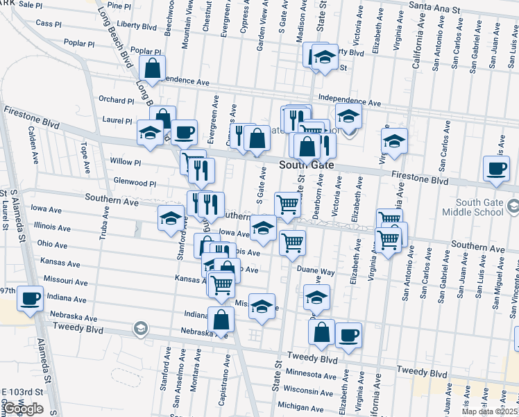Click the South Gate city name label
pyautogui.click(x=307, y=165)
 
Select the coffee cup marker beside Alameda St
pyautogui.click(x=29, y=299)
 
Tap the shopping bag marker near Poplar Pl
pyautogui.click(x=152, y=69)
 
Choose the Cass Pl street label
pyautogui.click(x=49, y=23)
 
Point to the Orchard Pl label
pyautogui.click(x=116, y=100)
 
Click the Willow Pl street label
pyautogui.click(x=125, y=162)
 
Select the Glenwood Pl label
pyautogui.click(x=134, y=183)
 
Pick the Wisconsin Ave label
pyautogui.click(x=309, y=389)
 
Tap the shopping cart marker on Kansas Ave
pyautogui.click(x=221, y=284)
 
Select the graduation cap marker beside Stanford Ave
pyautogui.click(x=171, y=219)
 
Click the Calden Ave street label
pyautogui.click(x=32, y=145)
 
